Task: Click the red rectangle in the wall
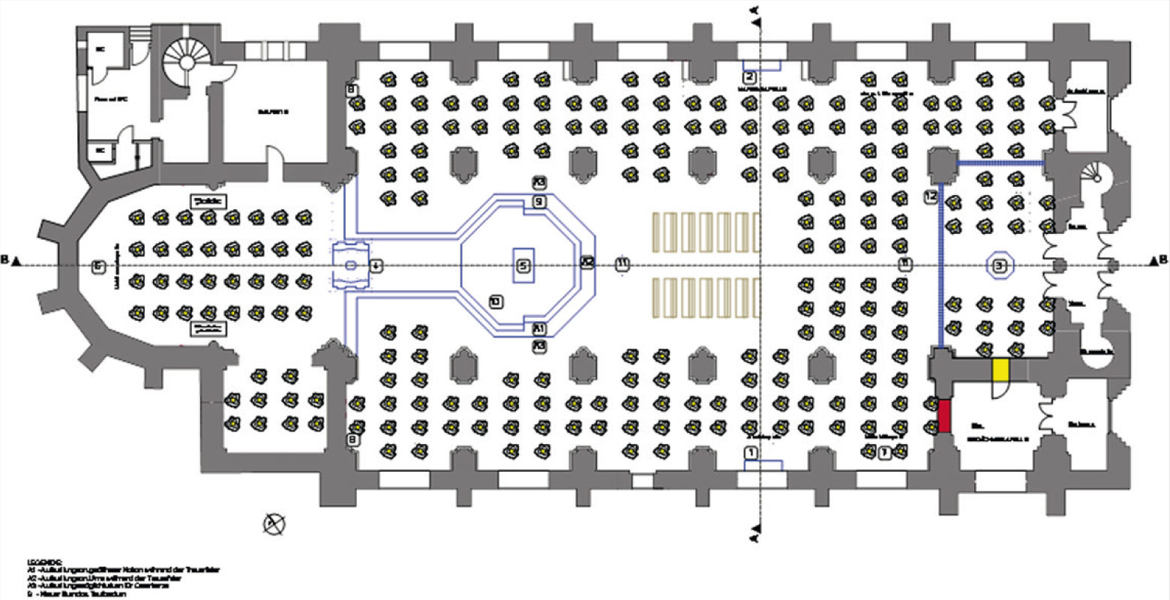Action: (944, 415)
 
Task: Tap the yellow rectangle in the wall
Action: (1000, 370)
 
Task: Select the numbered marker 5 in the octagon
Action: (523, 265)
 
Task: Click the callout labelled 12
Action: (931, 197)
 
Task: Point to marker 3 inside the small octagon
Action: (999, 265)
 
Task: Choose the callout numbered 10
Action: (495, 301)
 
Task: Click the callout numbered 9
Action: (539, 201)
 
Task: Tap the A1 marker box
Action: (539, 328)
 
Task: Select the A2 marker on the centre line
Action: (587, 262)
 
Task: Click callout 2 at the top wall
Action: (749, 76)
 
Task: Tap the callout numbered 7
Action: (885, 452)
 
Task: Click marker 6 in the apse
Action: (96, 266)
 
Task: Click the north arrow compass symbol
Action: (274, 523)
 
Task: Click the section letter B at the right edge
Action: (1163, 260)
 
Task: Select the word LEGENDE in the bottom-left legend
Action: (39, 561)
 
